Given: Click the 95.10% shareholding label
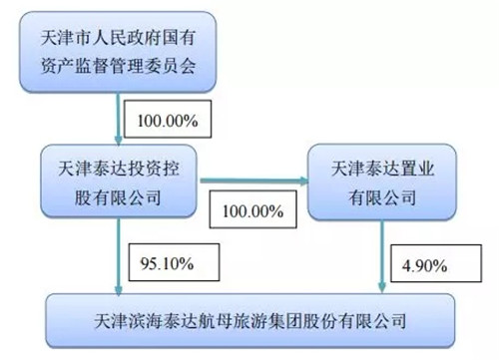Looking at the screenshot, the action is point(167,263).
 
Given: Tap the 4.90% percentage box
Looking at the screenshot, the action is point(436,263).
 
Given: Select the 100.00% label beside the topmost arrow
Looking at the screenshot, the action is point(168,121).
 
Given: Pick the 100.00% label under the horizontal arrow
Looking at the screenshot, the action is point(252,211).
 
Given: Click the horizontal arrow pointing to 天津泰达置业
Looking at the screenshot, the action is point(254,180).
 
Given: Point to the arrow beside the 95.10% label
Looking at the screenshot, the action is point(119,256).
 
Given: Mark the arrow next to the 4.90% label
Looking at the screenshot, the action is point(382,256).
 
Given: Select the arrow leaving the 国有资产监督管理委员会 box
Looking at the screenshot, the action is point(118,119).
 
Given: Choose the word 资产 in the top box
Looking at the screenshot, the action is point(57,66).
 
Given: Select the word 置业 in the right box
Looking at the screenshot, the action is point(417,169).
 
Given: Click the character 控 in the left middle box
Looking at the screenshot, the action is point(171,169).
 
